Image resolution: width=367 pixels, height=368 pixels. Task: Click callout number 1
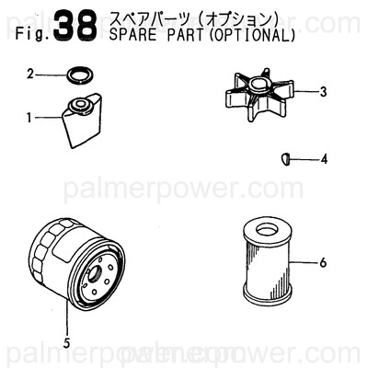(29, 117)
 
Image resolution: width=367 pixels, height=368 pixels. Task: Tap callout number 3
(324, 91)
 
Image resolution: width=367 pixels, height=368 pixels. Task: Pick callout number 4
(324, 159)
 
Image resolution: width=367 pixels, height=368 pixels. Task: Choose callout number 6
(323, 263)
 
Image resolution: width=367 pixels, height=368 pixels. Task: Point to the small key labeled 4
(286, 158)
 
